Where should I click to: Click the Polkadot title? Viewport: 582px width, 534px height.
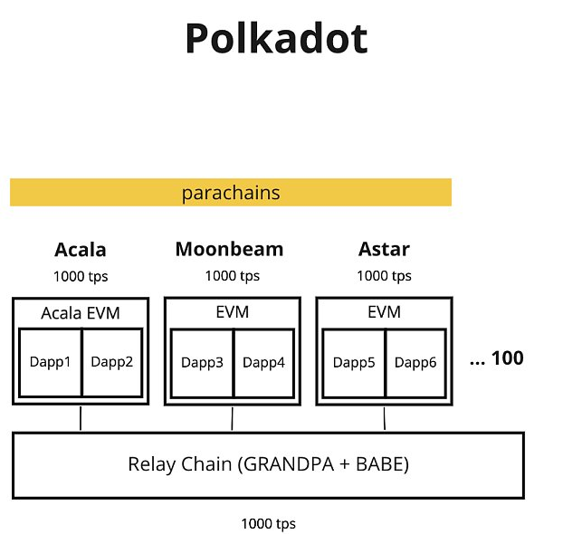[x=277, y=38]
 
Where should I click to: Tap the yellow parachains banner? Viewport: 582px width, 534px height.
[x=231, y=192]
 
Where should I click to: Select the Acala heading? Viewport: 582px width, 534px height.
[x=81, y=250]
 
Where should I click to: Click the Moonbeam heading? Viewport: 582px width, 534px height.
[x=229, y=249]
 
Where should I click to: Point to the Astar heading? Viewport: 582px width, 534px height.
[x=384, y=249]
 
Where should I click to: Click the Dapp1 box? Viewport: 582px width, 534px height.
[x=50, y=363]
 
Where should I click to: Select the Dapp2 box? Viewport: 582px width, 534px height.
[x=112, y=363]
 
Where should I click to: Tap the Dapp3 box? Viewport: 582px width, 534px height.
[x=202, y=363]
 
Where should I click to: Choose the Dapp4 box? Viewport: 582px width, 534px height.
[x=264, y=363]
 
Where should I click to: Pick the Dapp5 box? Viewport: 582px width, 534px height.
[x=354, y=363]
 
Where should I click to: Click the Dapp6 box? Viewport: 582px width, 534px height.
[x=415, y=363]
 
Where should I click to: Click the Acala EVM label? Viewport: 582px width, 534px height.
[x=81, y=313]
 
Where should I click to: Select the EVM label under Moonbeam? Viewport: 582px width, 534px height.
[x=233, y=312]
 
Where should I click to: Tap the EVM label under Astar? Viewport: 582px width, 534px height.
[x=384, y=312]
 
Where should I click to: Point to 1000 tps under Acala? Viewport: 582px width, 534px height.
[x=81, y=276]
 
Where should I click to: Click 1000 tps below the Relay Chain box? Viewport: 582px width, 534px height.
[x=268, y=524]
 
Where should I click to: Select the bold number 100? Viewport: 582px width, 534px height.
[x=508, y=358]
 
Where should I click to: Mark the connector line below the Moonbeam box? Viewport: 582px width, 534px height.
[x=233, y=419]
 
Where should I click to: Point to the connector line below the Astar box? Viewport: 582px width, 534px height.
[x=385, y=418]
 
